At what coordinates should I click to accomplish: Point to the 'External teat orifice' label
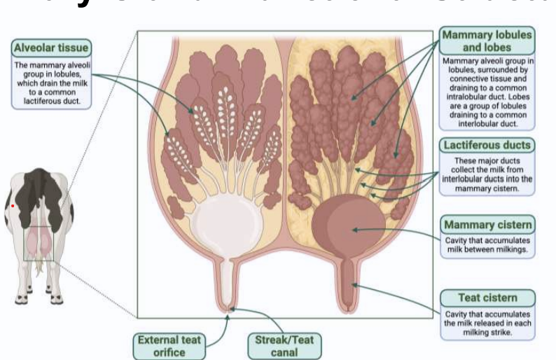click(x=168, y=345)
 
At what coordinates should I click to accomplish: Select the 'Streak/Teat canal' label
click(x=284, y=345)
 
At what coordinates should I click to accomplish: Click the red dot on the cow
click(x=12, y=206)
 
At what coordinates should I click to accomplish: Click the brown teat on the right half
click(x=348, y=284)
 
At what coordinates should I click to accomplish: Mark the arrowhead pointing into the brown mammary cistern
click(x=354, y=228)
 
